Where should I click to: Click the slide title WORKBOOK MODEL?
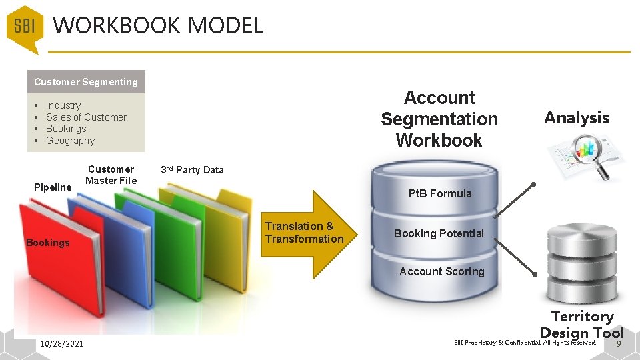tap(158, 26)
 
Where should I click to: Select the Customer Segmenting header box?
tap(86, 82)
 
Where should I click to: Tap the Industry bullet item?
tap(63, 105)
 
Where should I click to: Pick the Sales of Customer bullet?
tap(85, 117)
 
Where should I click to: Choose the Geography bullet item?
tap(70, 141)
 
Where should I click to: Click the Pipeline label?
tap(52, 187)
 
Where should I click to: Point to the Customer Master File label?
tap(111, 175)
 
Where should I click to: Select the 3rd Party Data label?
tap(192, 170)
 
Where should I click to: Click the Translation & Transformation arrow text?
tap(304, 233)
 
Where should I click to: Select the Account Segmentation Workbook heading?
tap(439, 119)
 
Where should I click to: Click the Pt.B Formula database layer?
tap(439, 193)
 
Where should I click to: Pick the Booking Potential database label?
tap(439, 233)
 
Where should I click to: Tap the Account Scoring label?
tap(441, 271)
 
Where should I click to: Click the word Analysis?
tap(577, 118)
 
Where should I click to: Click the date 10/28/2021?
tap(62, 343)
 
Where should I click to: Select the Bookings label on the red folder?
tap(47, 243)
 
